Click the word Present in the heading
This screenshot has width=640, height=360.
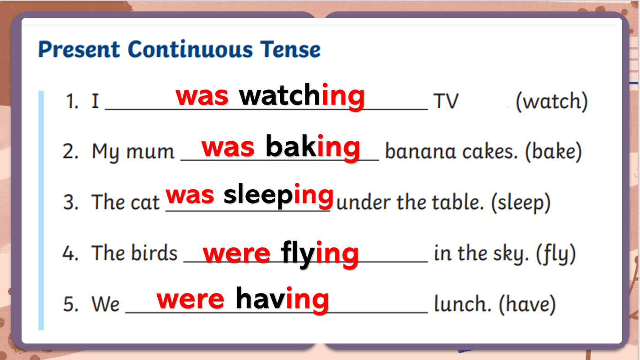(x=79, y=49)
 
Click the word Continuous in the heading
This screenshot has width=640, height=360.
(x=190, y=49)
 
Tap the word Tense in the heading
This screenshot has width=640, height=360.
(x=291, y=49)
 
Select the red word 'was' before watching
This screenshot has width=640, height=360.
(x=202, y=96)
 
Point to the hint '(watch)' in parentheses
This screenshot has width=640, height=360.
(x=551, y=101)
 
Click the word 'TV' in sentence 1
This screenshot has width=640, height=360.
(x=446, y=101)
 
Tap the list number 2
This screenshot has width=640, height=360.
(x=70, y=151)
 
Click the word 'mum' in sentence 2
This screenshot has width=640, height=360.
(x=150, y=152)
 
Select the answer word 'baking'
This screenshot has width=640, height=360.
(x=313, y=147)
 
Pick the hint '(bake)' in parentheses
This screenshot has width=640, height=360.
(x=554, y=152)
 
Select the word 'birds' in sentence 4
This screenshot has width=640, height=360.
(x=155, y=253)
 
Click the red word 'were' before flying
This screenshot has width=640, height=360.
(x=236, y=254)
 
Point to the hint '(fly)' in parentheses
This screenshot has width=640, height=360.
(x=556, y=254)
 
